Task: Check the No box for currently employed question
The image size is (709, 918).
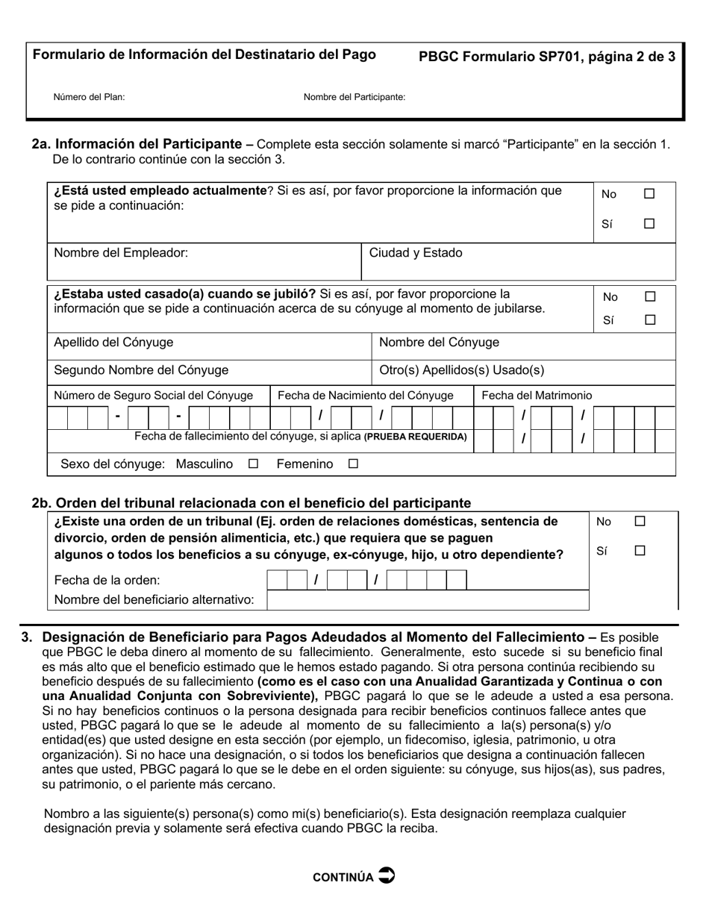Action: pos(649,194)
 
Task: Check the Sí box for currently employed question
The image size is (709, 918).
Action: pos(649,223)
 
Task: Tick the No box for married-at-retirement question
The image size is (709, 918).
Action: pos(649,296)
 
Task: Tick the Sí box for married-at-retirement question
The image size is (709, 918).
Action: pos(649,320)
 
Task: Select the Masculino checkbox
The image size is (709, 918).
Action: pos(253,464)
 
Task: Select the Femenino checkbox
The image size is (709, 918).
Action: pos(353,464)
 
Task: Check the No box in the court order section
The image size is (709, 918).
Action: pos(640,522)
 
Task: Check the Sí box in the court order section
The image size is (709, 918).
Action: pos(640,551)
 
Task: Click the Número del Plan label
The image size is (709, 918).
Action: pos(89,97)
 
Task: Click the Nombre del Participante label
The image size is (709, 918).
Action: pos(354,97)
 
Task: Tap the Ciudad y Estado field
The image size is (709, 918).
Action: pos(478,261)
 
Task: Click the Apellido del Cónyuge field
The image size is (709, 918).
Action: pos(209,343)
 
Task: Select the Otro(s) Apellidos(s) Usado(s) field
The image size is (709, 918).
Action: pos(522,370)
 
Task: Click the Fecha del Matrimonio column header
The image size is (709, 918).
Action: pos(537,396)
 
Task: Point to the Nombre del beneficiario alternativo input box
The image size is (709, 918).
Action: pos(428,599)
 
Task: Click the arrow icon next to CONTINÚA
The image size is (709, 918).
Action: pos(387,875)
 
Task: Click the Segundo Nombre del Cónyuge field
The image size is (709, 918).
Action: pos(209,370)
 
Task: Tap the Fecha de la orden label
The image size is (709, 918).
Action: pos(107,580)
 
